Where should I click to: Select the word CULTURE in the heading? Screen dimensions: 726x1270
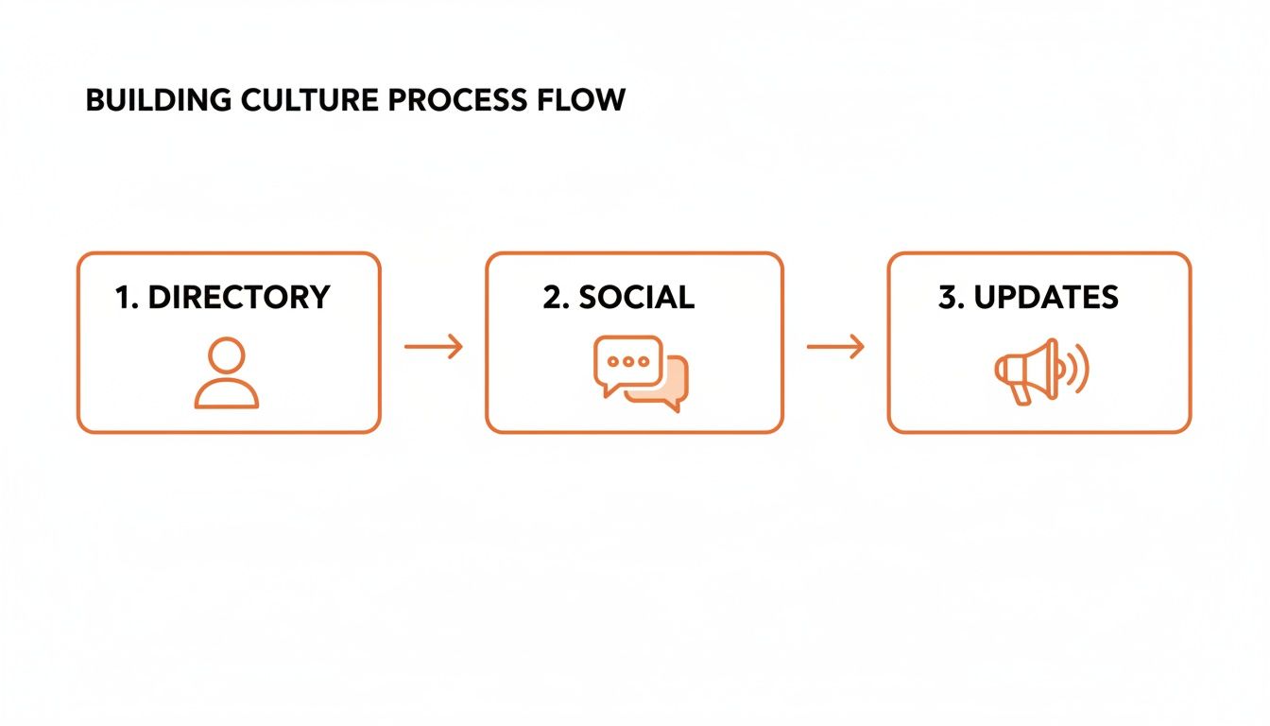pyautogui.click(x=284, y=100)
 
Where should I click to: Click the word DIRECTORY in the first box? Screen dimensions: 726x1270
pyautogui.click(x=239, y=297)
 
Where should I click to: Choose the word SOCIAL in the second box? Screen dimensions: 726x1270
pyautogui.click(x=636, y=297)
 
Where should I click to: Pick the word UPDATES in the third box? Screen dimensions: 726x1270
pyautogui.click(x=1046, y=297)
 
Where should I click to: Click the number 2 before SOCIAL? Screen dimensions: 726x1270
pyautogui.click(x=554, y=297)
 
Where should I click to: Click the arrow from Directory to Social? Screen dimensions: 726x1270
pyautogui.click(x=434, y=347)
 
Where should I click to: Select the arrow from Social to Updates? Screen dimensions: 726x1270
pyautogui.click(x=835, y=347)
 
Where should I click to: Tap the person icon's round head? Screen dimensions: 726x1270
pyautogui.click(x=227, y=356)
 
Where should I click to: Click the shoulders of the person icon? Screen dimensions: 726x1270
pyautogui.click(x=227, y=395)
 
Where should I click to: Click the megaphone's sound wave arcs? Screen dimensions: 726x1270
pyautogui.click(x=1077, y=369)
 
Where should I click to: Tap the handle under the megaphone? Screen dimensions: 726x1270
pyautogui.click(x=1021, y=393)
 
